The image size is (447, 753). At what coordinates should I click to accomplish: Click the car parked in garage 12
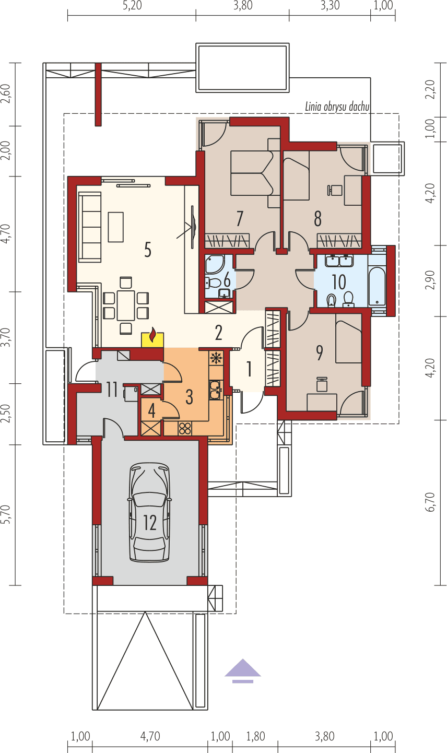[150, 512]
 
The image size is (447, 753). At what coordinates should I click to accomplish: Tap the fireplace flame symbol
[152, 335]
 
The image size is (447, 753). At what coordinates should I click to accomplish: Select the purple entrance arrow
[243, 670]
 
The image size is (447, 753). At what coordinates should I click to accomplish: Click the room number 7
[240, 218]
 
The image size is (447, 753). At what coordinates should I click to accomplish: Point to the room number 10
[339, 282]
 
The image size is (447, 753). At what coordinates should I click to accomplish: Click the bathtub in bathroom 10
[377, 286]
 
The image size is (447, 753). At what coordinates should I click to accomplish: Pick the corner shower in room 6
[214, 265]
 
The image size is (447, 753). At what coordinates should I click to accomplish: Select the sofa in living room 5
[89, 227]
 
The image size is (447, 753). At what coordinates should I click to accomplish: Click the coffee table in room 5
[115, 227]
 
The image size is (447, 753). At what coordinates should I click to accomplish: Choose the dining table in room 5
[126, 305]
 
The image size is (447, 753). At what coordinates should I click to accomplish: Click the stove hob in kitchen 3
[185, 428]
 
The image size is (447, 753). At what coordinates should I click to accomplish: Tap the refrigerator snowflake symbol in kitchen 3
[215, 358]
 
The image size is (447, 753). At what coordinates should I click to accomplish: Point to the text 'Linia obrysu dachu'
[337, 107]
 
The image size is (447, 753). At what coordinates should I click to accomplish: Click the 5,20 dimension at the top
[131, 6]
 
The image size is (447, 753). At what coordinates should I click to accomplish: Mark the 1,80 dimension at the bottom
[255, 736]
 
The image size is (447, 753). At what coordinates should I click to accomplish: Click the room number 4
[151, 410]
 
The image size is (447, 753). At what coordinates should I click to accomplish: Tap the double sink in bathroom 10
[339, 261]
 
